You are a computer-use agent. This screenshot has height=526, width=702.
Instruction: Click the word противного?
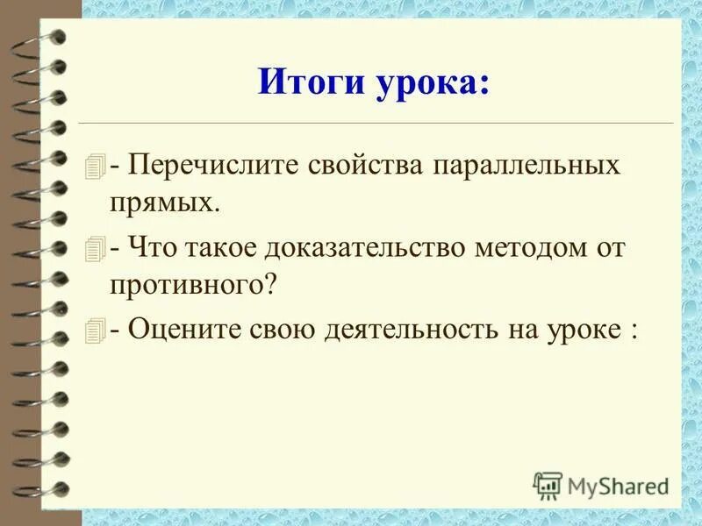coord(195,284)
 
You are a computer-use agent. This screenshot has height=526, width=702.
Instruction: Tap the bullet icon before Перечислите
coord(97,166)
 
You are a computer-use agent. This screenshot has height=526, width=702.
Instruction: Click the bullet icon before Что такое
coord(97,248)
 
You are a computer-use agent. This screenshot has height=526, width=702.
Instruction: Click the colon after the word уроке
coord(633,331)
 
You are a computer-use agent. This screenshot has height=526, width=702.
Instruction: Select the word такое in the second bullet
coord(218,247)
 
